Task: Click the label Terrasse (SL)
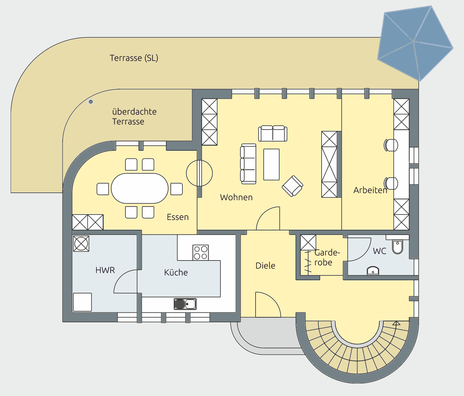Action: tap(134, 58)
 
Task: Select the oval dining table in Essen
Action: tap(140, 188)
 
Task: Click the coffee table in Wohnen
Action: tap(271, 164)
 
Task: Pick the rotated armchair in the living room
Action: tap(293, 186)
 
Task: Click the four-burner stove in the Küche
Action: tap(200, 253)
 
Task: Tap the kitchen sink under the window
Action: tap(185, 304)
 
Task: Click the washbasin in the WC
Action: tap(373, 271)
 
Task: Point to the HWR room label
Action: tap(105, 270)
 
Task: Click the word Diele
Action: tap(265, 266)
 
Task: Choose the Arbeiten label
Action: tap(370, 190)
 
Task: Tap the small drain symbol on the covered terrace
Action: tap(91, 102)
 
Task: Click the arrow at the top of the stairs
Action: tap(397, 323)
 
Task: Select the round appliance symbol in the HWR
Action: tap(81, 244)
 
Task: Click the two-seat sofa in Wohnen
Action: tap(273, 133)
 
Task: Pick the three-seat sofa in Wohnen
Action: tap(248, 164)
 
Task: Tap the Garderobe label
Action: tap(327, 257)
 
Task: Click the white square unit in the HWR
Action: tap(82, 302)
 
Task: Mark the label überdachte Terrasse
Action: tap(134, 116)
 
